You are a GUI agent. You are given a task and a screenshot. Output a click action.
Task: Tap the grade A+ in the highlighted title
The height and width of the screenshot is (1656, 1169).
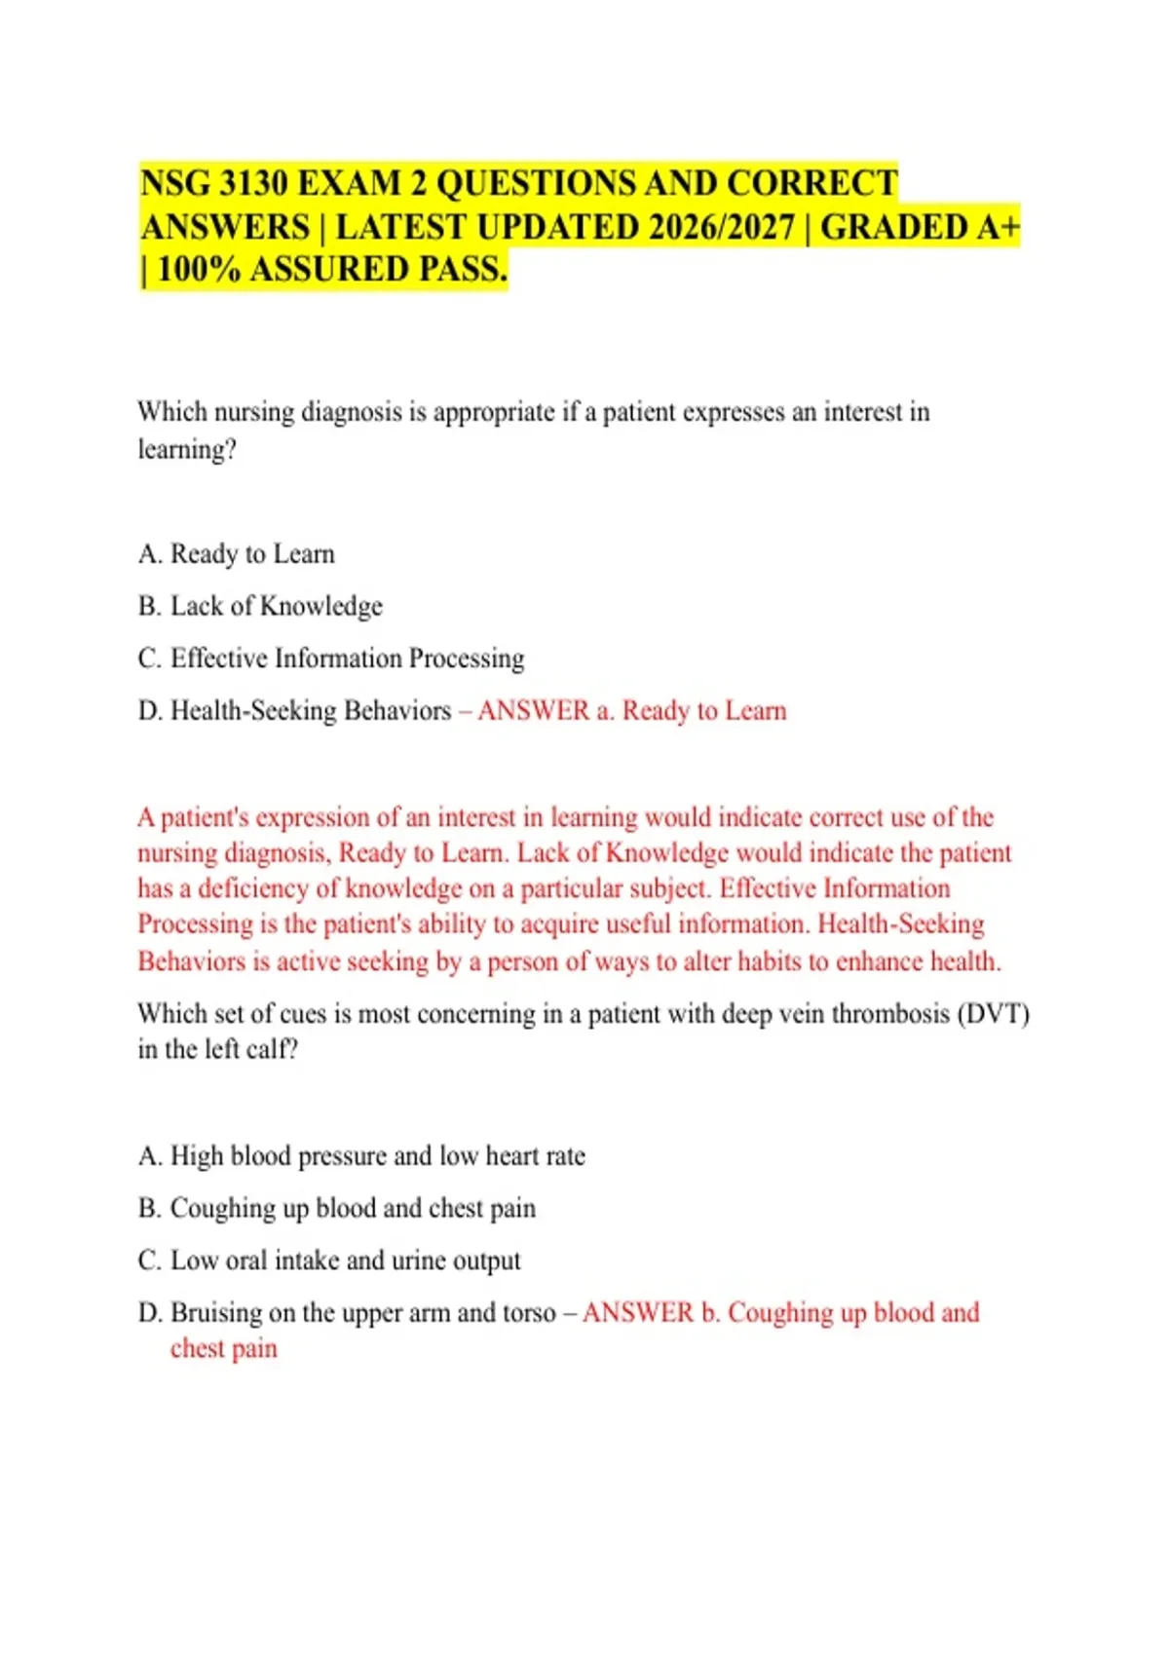point(996,227)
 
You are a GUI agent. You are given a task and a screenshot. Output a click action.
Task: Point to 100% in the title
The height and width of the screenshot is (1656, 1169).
point(199,269)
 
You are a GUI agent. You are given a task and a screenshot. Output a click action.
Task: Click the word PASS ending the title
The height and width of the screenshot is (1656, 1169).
point(462,269)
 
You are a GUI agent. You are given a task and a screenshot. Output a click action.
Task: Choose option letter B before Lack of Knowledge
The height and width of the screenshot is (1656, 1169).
point(149,607)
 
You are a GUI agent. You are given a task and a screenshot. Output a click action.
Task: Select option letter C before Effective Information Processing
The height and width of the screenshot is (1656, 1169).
point(149,659)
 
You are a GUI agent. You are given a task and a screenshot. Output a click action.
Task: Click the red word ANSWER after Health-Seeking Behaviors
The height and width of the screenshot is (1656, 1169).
point(533,711)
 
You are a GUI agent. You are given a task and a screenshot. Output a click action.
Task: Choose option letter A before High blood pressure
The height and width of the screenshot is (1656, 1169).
point(149,1156)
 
